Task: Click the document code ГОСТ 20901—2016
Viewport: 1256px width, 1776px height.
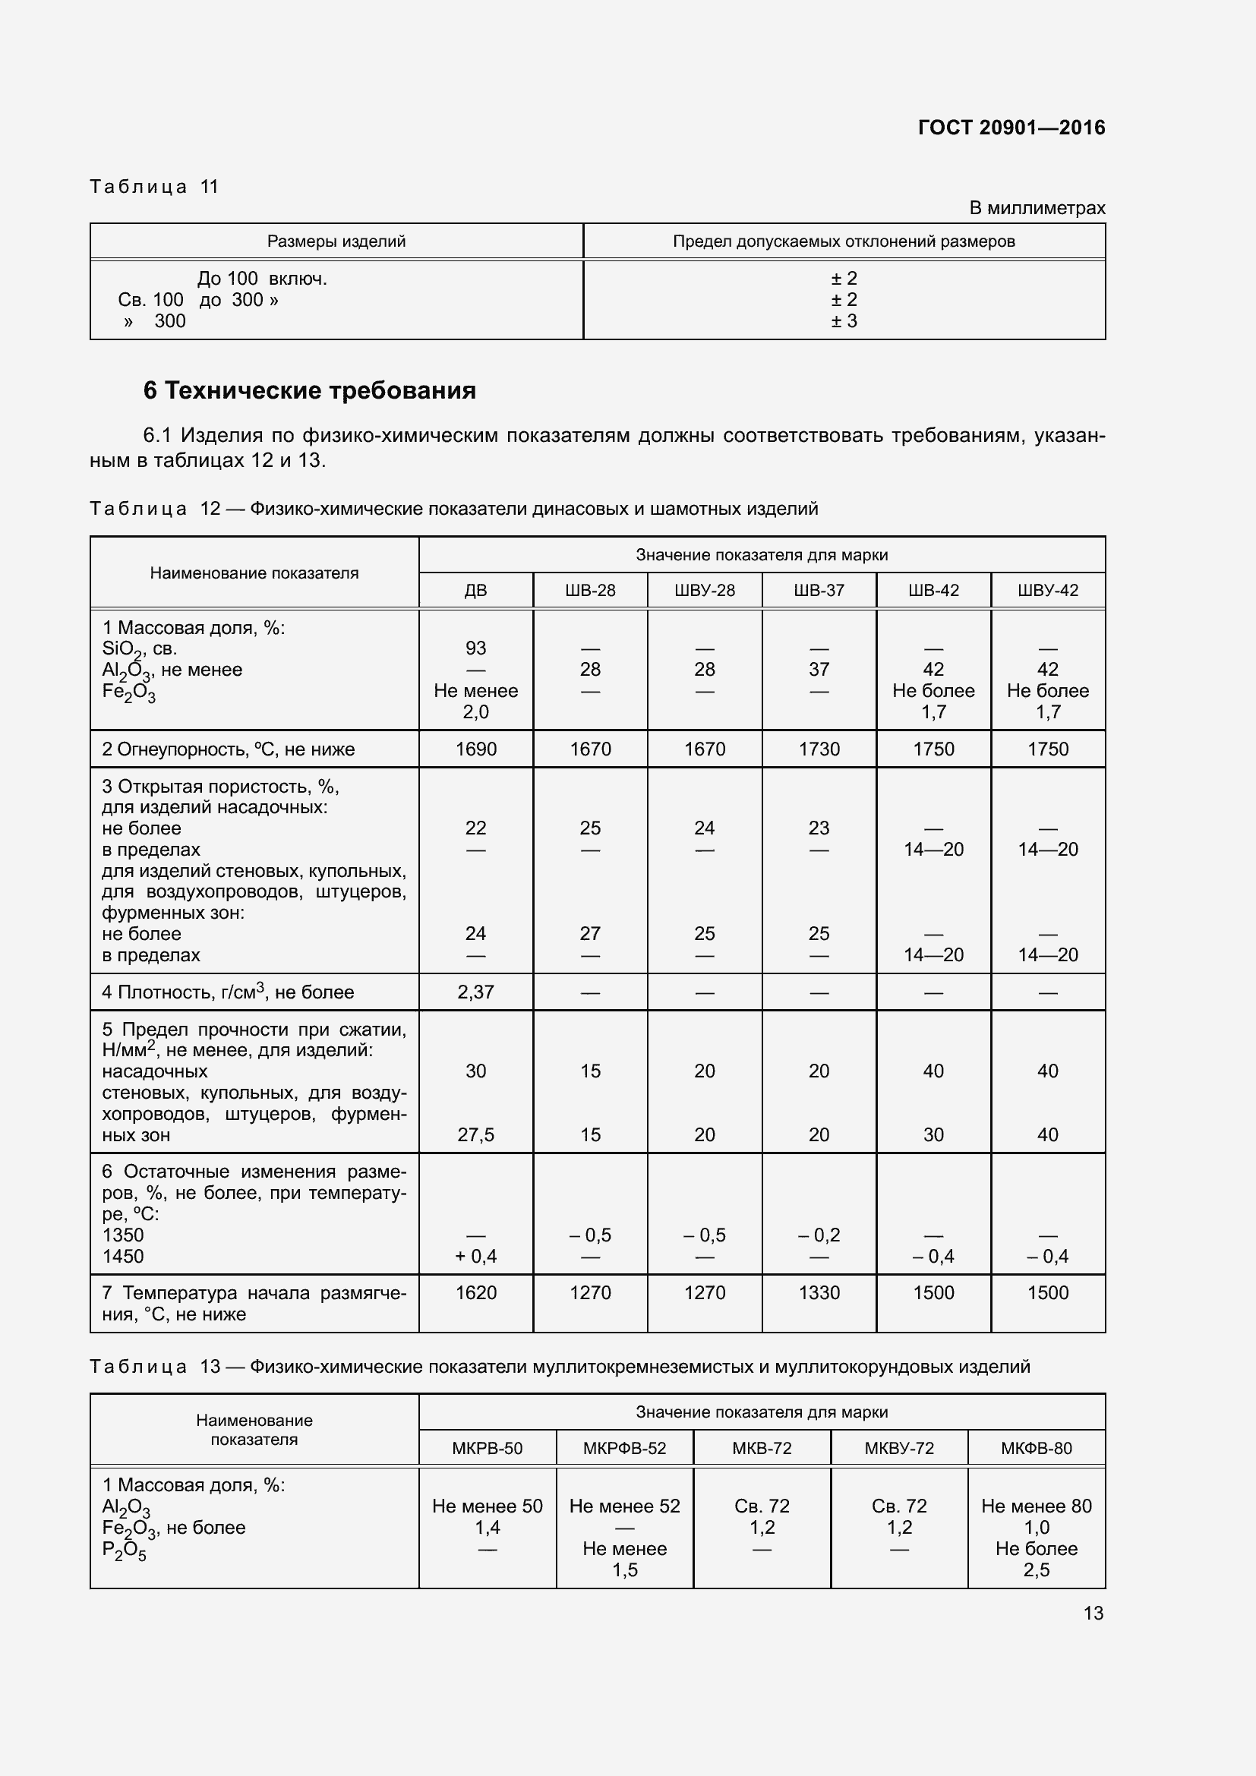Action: click(x=1011, y=128)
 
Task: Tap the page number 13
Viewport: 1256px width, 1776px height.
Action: click(x=1093, y=1613)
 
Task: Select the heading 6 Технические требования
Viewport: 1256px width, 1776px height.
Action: click(x=309, y=390)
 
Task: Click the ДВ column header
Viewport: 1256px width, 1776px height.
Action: click(x=475, y=590)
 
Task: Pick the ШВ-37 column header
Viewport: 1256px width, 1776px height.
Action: click(x=819, y=590)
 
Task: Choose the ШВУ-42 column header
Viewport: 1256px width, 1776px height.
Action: click(x=1048, y=590)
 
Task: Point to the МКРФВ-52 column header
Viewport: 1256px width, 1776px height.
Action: click(x=624, y=1448)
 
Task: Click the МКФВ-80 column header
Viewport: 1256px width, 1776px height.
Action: click(x=1037, y=1448)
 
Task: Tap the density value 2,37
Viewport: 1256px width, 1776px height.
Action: click(x=475, y=992)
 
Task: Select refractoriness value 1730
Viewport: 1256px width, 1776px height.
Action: click(x=819, y=749)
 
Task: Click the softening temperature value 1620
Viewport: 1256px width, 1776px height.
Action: click(x=475, y=1292)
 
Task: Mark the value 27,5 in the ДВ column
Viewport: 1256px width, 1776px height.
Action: click(x=475, y=1134)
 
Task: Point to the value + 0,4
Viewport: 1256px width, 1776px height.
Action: click(x=475, y=1256)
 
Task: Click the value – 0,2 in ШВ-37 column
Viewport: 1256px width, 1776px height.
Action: click(x=819, y=1235)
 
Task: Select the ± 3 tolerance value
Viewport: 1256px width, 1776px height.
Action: click(x=844, y=321)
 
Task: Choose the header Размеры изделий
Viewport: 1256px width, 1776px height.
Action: click(x=336, y=241)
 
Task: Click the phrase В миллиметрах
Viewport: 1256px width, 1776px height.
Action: click(x=1037, y=208)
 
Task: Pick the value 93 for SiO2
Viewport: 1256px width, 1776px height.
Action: click(x=475, y=648)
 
